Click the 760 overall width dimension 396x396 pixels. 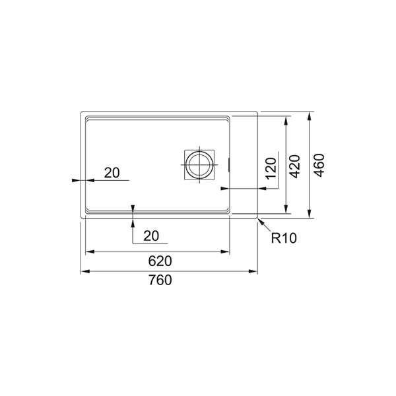[x=160, y=280]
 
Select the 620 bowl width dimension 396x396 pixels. [x=160, y=261]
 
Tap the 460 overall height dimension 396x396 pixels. [x=319, y=165]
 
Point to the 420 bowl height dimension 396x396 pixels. [x=295, y=166]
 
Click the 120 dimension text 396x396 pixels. [x=271, y=168]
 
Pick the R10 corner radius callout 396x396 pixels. [x=284, y=238]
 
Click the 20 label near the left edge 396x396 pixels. [x=112, y=173]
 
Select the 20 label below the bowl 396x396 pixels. [x=151, y=236]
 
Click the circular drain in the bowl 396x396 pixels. [x=199, y=165]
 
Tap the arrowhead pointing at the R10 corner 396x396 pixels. [x=261, y=222]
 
